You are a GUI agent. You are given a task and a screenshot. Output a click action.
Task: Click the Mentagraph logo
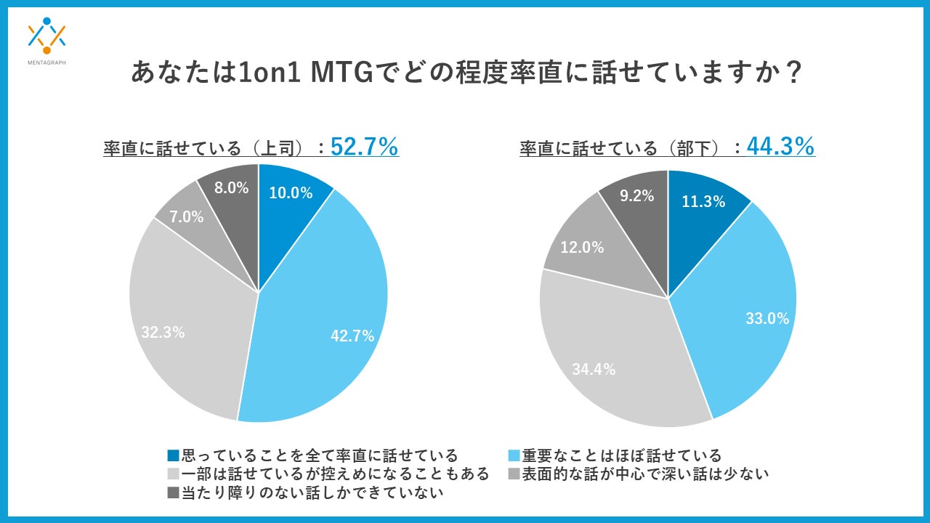point(46,40)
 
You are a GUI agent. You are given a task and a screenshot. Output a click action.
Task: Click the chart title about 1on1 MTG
point(465,73)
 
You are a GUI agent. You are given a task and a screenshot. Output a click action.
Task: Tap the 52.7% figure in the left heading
point(364,147)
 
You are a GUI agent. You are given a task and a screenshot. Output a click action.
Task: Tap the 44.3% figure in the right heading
point(780,147)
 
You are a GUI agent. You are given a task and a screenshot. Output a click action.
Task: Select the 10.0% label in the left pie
point(291,193)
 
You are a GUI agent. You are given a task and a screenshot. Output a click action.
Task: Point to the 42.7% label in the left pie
point(352,336)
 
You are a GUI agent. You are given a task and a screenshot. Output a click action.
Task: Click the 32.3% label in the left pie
point(163,333)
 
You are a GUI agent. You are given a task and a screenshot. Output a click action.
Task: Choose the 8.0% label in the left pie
point(232,188)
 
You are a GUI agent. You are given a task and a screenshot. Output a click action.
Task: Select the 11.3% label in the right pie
point(703,202)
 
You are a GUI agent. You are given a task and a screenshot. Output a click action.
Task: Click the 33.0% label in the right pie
point(767,318)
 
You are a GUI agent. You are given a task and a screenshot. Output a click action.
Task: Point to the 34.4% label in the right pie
point(594,369)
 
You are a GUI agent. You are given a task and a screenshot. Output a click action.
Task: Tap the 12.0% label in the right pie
point(583,247)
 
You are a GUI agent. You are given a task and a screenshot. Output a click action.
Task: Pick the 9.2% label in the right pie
point(637,195)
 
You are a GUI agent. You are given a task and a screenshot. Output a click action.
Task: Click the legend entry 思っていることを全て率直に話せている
point(313,455)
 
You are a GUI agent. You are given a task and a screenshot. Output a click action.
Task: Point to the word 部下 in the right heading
point(692,149)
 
